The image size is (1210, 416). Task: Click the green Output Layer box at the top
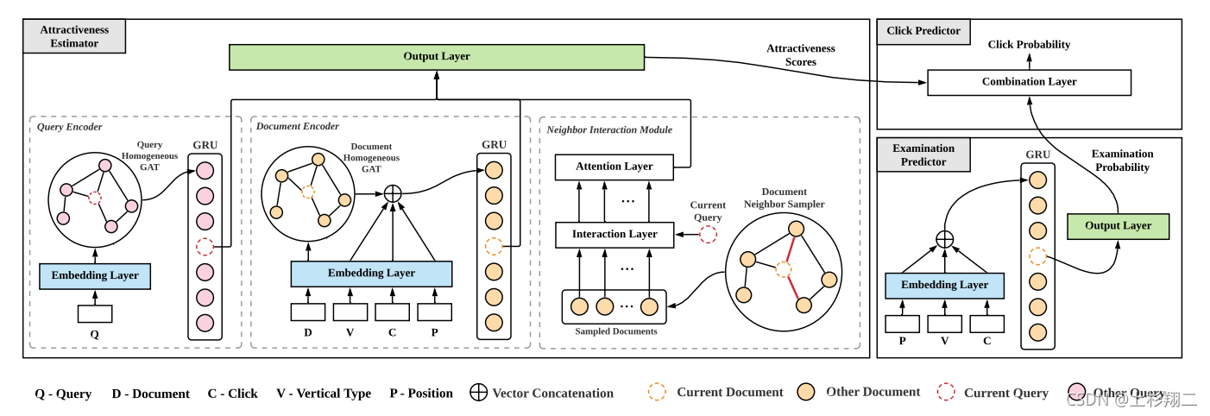pyautogui.click(x=437, y=57)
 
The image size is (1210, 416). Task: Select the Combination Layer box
pyautogui.click(x=1029, y=82)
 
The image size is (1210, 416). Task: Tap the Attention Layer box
pyautogui.click(x=614, y=167)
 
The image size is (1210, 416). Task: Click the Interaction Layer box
pyautogui.click(x=614, y=234)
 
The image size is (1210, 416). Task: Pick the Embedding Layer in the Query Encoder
pyautogui.click(x=95, y=276)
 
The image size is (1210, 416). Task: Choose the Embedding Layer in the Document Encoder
pyautogui.click(x=371, y=273)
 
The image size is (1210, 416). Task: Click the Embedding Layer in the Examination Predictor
pyautogui.click(x=944, y=285)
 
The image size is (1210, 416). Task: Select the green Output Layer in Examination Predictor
pyautogui.click(x=1118, y=226)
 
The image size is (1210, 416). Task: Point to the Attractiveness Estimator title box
pyautogui.click(x=74, y=36)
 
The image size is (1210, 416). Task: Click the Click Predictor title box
pyautogui.click(x=923, y=31)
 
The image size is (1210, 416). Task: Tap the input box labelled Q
pyautogui.click(x=95, y=313)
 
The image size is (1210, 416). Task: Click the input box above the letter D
pyautogui.click(x=307, y=312)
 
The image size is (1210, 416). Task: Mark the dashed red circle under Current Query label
pyautogui.click(x=708, y=234)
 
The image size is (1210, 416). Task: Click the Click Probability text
pyautogui.click(x=1029, y=45)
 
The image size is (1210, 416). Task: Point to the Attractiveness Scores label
pyautogui.click(x=801, y=55)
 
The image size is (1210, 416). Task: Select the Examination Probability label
pyautogui.click(x=1122, y=161)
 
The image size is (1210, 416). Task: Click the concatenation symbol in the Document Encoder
pyautogui.click(x=393, y=194)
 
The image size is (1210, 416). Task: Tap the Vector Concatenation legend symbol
pyautogui.click(x=478, y=393)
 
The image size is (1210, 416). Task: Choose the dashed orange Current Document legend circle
pyautogui.click(x=657, y=392)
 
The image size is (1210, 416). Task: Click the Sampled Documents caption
pyautogui.click(x=615, y=331)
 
